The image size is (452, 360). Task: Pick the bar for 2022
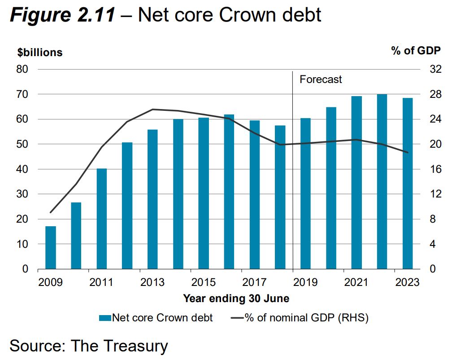[382, 181]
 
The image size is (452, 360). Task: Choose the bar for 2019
[305, 193]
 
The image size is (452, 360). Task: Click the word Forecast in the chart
[321, 79]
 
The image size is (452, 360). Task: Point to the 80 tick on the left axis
[22, 70]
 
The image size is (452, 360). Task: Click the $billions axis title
[40, 53]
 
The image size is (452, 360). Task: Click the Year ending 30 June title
[236, 299]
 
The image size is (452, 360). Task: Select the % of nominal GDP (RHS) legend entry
[300, 318]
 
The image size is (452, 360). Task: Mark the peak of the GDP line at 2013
[152, 109]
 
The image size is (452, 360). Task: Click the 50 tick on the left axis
[22, 145]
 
